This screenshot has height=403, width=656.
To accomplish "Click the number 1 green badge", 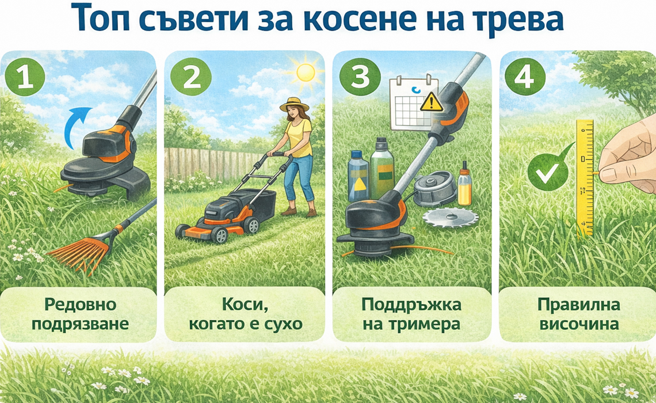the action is [25, 77].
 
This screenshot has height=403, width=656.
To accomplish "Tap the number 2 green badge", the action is [191, 77].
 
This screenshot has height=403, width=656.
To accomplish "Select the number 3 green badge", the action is [360, 77].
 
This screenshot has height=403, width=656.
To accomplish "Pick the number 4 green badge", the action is [525, 77].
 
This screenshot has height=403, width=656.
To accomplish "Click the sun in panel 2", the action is [306, 73].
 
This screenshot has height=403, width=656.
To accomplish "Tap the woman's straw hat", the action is [294, 105].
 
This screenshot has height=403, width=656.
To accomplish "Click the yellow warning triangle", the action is [432, 102].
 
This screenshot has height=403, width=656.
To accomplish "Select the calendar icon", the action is [413, 103].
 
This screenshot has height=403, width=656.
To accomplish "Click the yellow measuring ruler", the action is [585, 178].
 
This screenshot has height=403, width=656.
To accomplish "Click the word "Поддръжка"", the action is [411, 305].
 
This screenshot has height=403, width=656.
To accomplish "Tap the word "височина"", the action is [579, 324].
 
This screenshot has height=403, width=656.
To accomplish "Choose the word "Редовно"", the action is [81, 305].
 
